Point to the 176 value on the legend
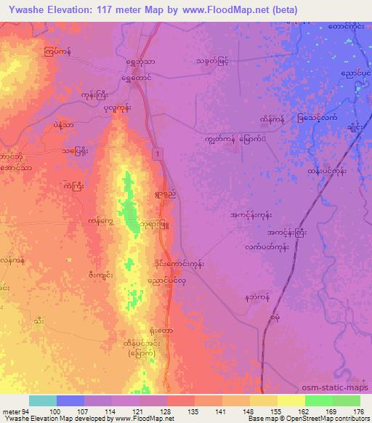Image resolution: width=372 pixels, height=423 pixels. [x=358, y=410]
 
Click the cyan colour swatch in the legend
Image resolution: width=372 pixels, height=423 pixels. [x=43, y=400]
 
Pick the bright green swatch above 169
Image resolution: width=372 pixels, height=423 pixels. [x=318, y=400]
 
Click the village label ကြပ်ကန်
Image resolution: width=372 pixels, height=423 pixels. [x=57, y=52]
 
